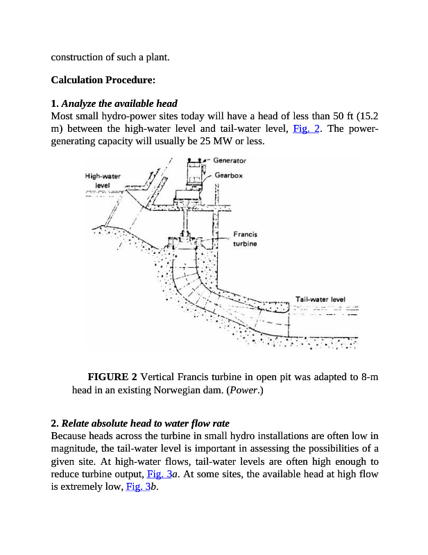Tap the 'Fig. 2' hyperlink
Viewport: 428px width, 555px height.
(x=305, y=129)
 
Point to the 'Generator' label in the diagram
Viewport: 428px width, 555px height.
(x=230, y=161)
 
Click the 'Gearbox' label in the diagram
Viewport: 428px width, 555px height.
(x=229, y=176)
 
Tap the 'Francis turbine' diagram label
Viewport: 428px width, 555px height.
(x=245, y=239)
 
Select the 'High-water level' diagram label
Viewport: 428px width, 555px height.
(x=103, y=181)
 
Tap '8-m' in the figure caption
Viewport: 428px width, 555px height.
(x=370, y=377)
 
